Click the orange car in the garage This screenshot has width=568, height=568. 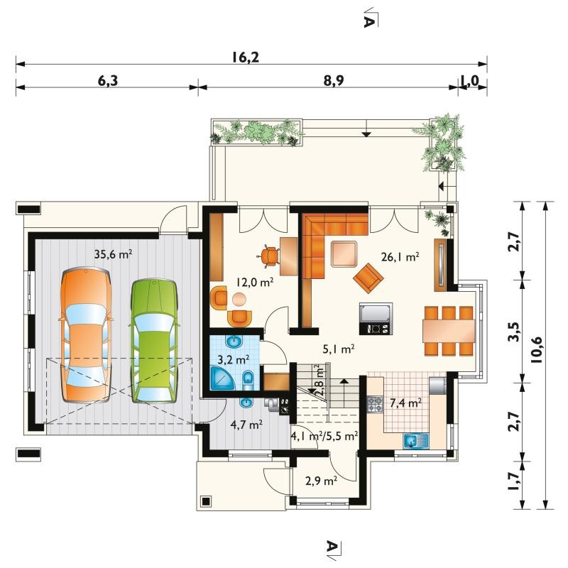[85, 335]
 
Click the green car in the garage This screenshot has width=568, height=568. [155, 341]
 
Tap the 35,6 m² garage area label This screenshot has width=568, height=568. [113, 254]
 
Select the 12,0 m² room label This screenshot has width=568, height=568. [255, 282]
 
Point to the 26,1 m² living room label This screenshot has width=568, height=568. [400, 257]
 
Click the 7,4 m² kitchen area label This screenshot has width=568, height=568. [405, 403]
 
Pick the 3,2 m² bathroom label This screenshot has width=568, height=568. [233, 360]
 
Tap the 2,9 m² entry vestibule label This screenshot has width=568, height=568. [322, 481]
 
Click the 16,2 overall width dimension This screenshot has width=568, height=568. [246, 58]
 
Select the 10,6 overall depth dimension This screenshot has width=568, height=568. [537, 350]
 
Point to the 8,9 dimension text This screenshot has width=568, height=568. [334, 80]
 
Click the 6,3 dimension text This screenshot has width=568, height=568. [108, 80]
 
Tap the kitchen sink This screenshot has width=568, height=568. [416, 441]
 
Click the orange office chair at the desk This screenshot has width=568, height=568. [268, 256]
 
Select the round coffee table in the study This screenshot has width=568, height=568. [239, 300]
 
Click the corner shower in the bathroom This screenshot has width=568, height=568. [222, 378]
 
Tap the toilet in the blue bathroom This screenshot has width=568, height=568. [248, 380]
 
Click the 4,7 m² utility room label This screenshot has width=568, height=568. [246, 424]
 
